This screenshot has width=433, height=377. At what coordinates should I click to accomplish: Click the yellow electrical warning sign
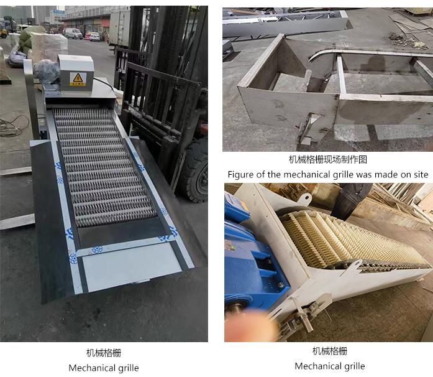coord(78,79)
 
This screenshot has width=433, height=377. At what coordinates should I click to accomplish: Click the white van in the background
coord(73,33)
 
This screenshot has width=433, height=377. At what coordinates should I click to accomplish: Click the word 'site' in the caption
coord(421,175)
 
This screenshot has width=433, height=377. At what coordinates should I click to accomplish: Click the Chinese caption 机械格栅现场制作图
coord(328,160)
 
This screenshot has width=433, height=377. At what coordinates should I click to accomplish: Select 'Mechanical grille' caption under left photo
coord(104,368)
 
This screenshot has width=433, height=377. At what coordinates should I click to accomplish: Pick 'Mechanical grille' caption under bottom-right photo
coord(330,366)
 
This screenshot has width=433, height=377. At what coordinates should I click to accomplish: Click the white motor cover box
coord(75,73)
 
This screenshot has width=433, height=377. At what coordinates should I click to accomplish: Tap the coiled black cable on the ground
coord(14,126)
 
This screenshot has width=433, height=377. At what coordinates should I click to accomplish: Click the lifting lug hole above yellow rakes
coord(305,198)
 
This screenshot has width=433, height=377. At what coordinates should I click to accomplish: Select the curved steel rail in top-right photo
coord(367,53)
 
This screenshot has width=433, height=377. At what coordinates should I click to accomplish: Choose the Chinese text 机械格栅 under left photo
coord(104,353)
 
